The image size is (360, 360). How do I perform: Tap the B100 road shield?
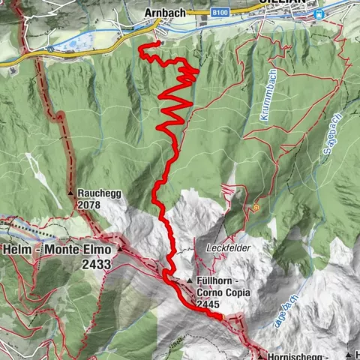[x=220, y=13]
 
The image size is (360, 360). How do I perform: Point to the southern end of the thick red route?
[x=222, y=318]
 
